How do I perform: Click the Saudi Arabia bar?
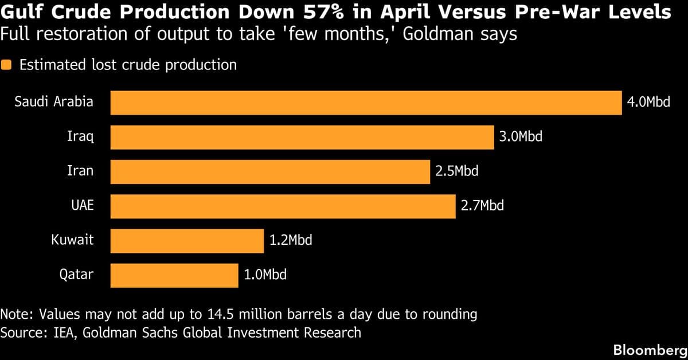(366, 103)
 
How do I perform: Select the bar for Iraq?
(302, 138)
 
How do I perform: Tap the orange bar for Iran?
(269, 171)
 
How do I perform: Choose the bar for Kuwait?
(187, 240)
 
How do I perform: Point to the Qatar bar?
(174, 275)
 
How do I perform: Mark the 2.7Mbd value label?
(482, 206)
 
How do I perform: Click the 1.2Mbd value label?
(291, 240)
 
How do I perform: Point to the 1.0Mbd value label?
(265, 275)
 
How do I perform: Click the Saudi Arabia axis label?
(54, 103)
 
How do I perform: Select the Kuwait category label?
(72, 240)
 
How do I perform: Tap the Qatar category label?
(76, 275)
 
